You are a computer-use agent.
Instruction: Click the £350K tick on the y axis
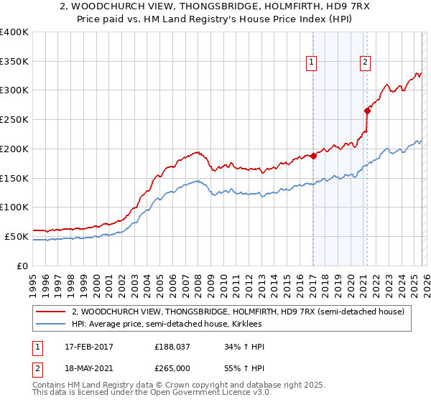pyautogui.click(x=14, y=61)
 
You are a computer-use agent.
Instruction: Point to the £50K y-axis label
pyautogui.click(x=17, y=236)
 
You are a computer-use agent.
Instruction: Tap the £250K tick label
pyautogui.click(x=14, y=119)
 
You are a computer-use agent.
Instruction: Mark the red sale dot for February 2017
pyautogui.click(x=313, y=156)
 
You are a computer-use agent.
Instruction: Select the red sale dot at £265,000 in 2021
pyautogui.click(x=367, y=111)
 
